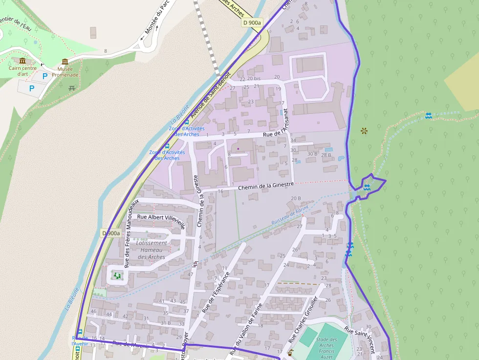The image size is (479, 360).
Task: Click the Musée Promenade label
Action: click(x=65, y=72)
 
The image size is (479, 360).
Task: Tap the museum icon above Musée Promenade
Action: click(x=65, y=62)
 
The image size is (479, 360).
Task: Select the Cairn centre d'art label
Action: click(x=22, y=71)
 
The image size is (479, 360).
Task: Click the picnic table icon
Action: click(x=72, y=88)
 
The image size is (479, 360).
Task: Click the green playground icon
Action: click(x=117, y=276)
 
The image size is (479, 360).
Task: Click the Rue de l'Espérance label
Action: click(x=216, y=292)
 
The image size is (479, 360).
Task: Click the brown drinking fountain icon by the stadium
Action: click(x=291, y=352)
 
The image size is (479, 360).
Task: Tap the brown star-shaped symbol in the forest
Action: click(x=364, y=130)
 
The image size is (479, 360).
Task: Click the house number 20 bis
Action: click(x=254, y=78)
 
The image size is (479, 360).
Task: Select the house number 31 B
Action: click(x=166, y=323)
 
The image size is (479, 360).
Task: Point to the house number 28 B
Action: click(x=326, y=155)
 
